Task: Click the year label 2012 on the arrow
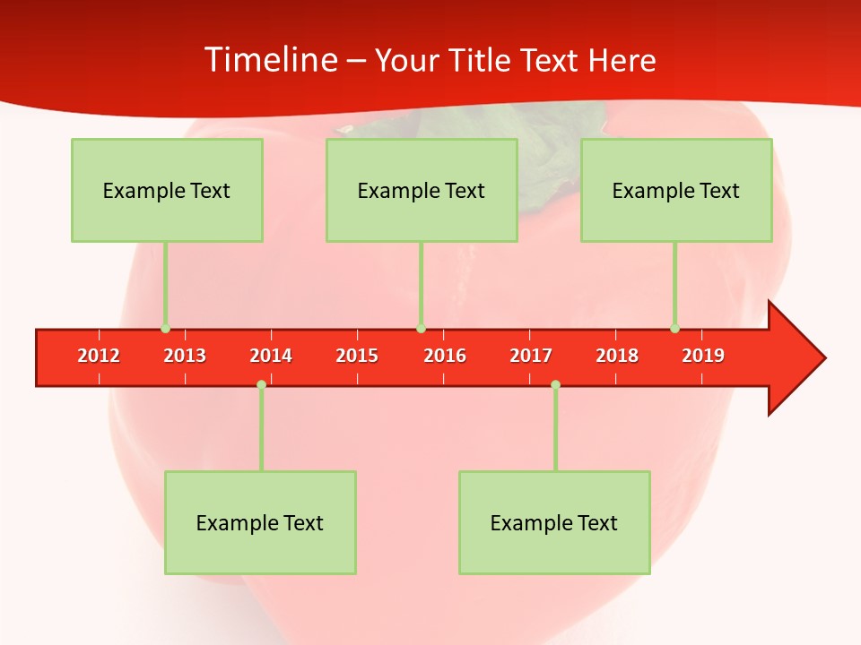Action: click(99, 356)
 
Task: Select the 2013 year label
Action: click(185, 356)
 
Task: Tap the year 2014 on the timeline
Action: click(271, 356)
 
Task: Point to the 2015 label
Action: click(357, 356)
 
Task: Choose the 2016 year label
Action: click(445, 356)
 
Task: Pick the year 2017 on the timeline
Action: click(531, 356)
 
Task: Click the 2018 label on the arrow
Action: click(617, 356)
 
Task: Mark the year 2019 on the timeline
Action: click(703, 356)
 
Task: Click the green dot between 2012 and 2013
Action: click(165, 329)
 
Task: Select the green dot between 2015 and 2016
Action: click(421, 329)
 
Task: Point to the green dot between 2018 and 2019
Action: click(674, 329)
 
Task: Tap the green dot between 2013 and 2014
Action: click(261, 384)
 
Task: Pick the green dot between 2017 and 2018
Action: click(555, 384)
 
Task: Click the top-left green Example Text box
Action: click(167, 190)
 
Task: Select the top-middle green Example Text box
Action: click(422, 190)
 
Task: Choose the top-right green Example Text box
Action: click(676, 190)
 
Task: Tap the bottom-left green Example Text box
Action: click(260, 522)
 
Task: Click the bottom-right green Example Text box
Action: click(554, 522)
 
